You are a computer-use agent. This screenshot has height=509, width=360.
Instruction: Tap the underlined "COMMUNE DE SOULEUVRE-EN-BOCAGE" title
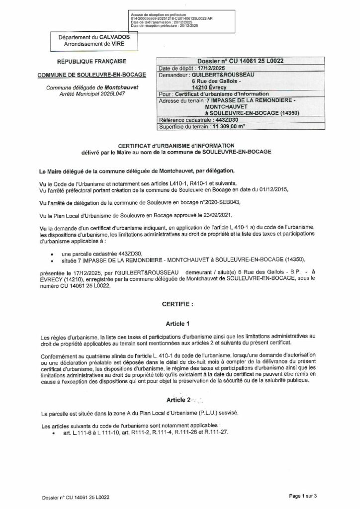93,75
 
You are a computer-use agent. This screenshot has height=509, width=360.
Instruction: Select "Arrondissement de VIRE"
88,45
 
